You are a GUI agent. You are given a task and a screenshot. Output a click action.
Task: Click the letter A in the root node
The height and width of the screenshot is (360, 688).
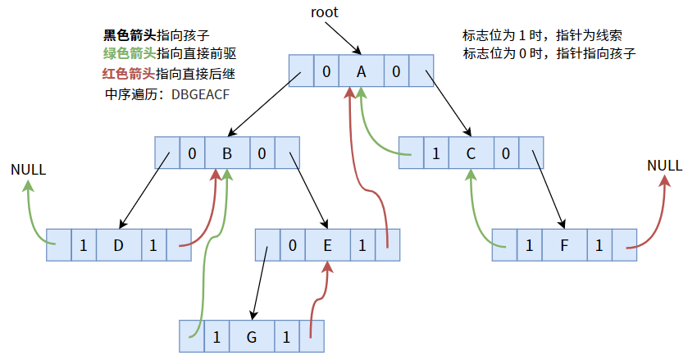click(x=361, y=72)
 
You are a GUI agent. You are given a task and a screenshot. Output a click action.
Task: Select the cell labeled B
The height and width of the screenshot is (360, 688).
click(x=227, y=153)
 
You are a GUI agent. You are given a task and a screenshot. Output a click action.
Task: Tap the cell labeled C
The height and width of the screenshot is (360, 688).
click(x=471, y=153)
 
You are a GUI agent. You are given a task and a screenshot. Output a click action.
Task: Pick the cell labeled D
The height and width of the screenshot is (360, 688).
click(x=118, y=244)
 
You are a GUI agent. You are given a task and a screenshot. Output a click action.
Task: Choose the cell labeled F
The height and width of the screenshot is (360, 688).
click(x=564, y=244)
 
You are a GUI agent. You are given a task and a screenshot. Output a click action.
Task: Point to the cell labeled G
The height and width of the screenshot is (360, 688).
click(x=252, y=336)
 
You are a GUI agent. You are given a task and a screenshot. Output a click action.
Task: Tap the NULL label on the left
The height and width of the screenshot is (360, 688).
click(x=28, y=170)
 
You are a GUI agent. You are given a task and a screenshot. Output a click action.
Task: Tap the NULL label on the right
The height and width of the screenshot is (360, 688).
click(x=664, y=166)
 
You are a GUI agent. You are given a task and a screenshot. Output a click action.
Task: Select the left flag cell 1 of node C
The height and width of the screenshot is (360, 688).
click(x=435, y=153)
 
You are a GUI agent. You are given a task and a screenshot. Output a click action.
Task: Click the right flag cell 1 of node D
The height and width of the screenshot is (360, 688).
click(x=153, y=244)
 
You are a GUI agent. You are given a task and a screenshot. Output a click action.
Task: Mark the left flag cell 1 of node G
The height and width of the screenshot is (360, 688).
click(x=216, y=336)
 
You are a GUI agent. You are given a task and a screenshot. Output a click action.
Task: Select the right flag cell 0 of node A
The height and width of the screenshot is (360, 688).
click(x=396, y=72)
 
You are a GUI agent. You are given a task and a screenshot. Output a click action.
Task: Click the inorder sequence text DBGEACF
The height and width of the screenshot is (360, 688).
click(x=201, y=93)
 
